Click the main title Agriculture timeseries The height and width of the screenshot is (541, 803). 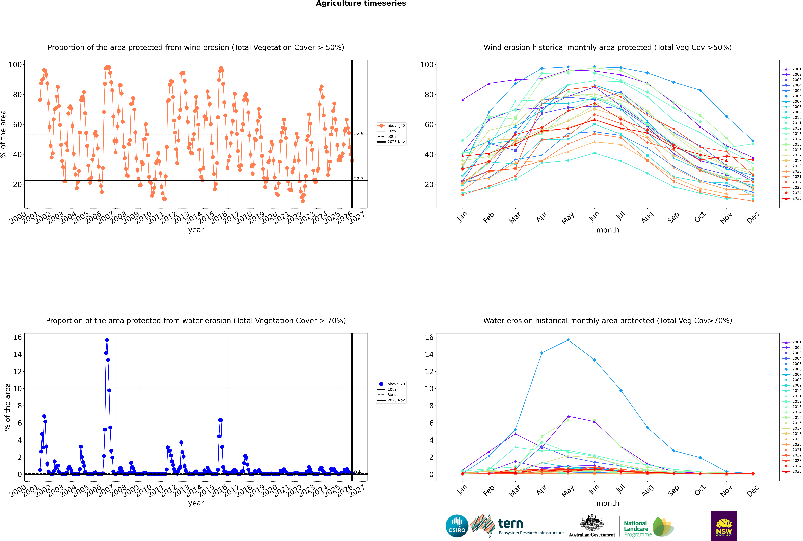pos(361,3)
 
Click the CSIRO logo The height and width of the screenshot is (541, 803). pos(457,526)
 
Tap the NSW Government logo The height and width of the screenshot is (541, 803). pos(724,526)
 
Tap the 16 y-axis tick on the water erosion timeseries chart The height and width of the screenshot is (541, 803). pos(17,337)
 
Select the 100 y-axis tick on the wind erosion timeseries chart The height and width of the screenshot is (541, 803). pos(15,64)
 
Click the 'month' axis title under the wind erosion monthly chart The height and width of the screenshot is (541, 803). pos(608,230)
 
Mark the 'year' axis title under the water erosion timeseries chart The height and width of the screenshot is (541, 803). pos(196,503)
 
